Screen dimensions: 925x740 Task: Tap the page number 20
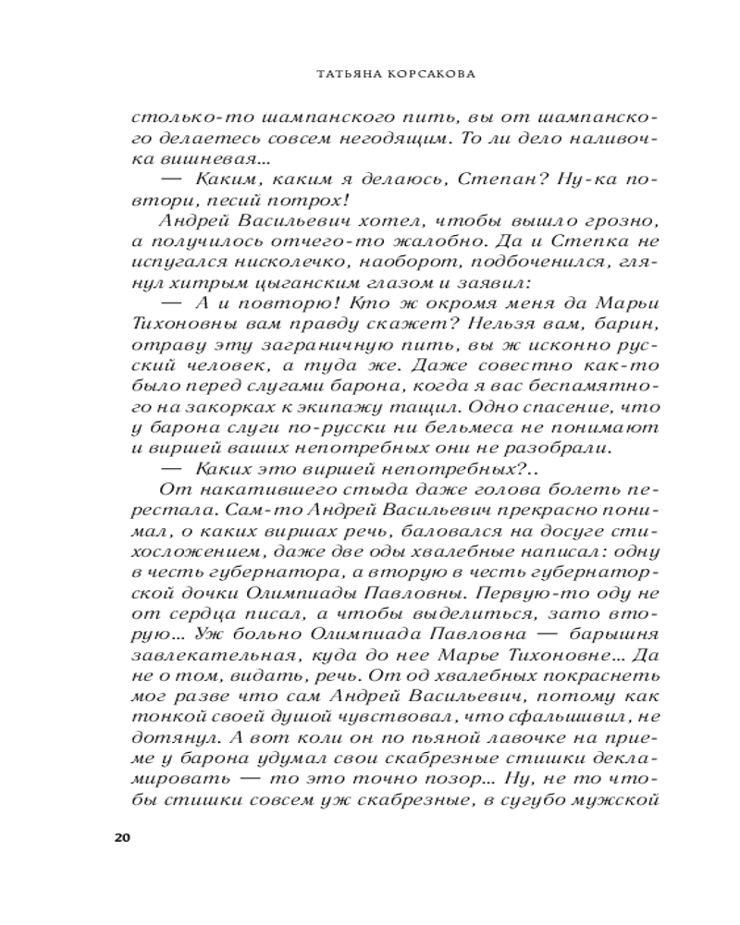[120, 838]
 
